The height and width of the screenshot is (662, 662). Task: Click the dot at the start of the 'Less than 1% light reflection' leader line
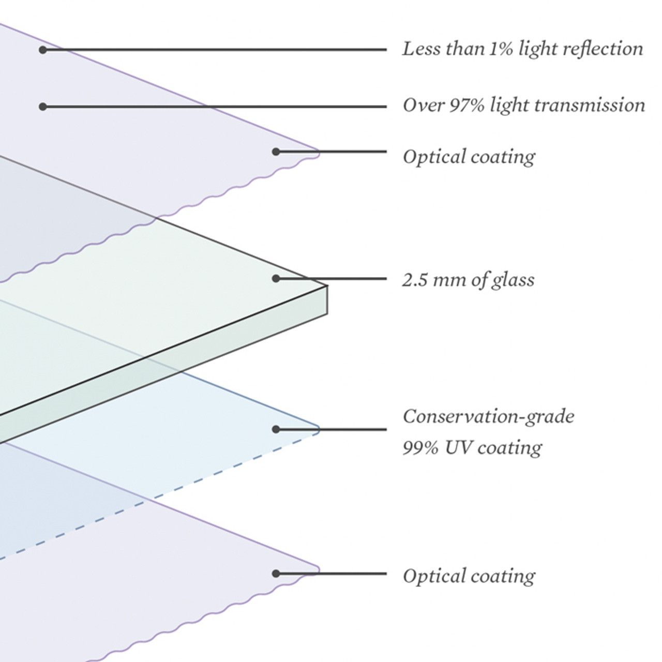pyautogui.click(x=43, y=50)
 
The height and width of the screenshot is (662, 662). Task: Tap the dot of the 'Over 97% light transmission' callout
pyautogui.click(x=43, y=107)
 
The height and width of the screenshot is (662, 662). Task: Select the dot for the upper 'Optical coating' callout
pyautogui.click(x=276, y=152)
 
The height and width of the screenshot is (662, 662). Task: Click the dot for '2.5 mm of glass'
pyautogui.click(x=276, y=279)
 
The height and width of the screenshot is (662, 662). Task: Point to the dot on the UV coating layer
pyautogui.click(x=276, y=429)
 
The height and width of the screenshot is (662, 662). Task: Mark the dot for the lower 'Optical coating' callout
pyautogui.click(x=276, y=573)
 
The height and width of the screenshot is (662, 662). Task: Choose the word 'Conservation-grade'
pyautogui.click(x=488, y=416)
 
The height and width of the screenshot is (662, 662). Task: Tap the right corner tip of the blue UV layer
pyautogui.click(x=319, y=429)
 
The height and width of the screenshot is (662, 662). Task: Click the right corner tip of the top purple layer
pyautogui.click(x=319, y=152)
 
